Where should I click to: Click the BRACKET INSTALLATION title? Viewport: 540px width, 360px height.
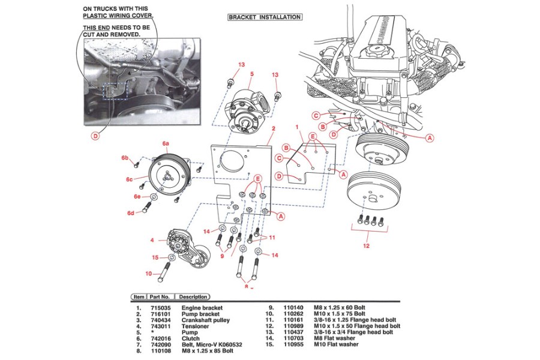click(x=264, y=17)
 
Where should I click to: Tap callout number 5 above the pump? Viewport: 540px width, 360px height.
click(x=251, y=74)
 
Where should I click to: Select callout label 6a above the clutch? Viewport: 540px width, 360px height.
click(x=166, y=144)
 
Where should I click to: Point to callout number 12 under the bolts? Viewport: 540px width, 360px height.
click(x=366, y=246)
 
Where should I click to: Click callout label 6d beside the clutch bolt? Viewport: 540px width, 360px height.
click(x=130, y=213)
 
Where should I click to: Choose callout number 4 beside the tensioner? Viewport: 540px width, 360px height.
click(x=152, y=241)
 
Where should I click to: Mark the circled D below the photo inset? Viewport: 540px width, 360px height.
click(x=95, y=136)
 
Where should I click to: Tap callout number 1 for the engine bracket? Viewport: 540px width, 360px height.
click(x=297, y=127)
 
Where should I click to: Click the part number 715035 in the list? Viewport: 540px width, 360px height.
click(x=160, y=308)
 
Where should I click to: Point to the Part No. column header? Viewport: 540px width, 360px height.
click(x=161, y=297)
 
